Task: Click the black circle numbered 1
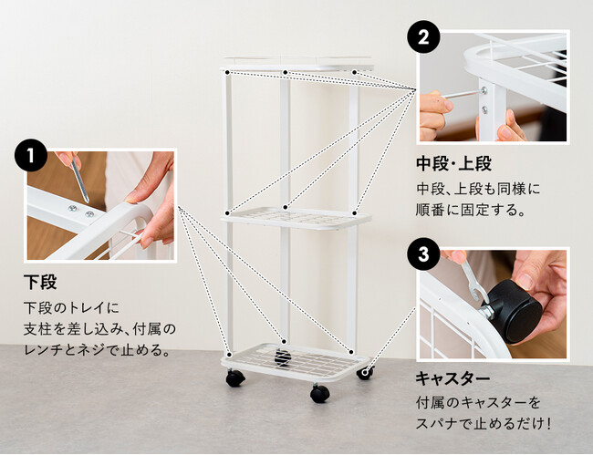pyautogui.click(x=31, y=155)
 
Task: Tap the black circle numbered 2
pyautogui.click(x=423, y=37)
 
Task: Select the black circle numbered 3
pyautogui.click(x=423, y=254)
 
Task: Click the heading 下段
pyautogui.click(x=40, y=282)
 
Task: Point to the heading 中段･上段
pyautogui.click(x=453, y=163)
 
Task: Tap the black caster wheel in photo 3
pyautogui.click(x=514, y=311)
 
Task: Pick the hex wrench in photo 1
pyautogui.click(x=80, y=181)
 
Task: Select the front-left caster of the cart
pyautogui.click(x=234, y=377)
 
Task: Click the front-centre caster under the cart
pyautogui.click(x=319, y=393)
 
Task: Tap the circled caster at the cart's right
pyautogui.click(x=365, y=373)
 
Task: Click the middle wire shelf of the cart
pyautogui.click(x=296, y=219)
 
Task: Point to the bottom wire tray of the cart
pyautogui.click(x=295, y=362)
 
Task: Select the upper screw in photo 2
pyautogui.click(x=484, y=90)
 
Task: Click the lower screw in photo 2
pyautogui.click(x=484, y=109)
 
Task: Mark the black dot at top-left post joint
pyautogui.click(x=227, y=72)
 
